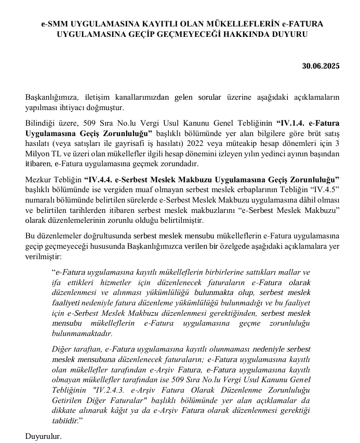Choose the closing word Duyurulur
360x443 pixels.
click(44, 436)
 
